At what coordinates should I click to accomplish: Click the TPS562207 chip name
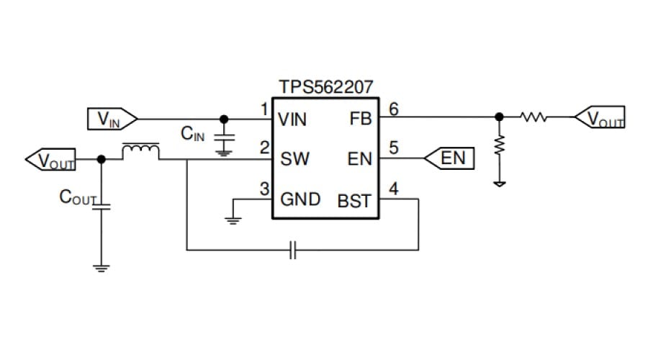[322, 87]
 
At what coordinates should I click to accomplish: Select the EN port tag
[449, 158]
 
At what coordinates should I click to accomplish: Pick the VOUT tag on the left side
[50, 160]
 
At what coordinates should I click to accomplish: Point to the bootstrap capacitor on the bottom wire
[293, 251]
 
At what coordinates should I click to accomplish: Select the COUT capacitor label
[77, 198]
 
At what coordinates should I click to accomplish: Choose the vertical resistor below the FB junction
[498, 145]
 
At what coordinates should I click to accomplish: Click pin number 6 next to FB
[393, 109]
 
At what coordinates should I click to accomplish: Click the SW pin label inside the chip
[294, 158]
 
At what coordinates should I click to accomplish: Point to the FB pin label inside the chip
[360, 120]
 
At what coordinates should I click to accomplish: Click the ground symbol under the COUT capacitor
[101, 268]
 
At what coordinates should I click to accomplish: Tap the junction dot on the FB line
[498, 117]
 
